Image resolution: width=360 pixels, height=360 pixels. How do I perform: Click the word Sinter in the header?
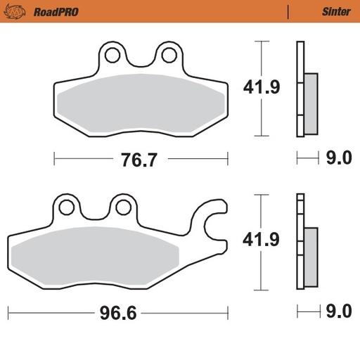point(336,11)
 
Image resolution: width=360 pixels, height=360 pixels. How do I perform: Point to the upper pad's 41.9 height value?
point(262,89)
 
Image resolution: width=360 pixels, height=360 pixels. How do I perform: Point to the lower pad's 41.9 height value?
point(262,240)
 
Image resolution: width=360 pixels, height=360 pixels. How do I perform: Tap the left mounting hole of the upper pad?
point(110,53)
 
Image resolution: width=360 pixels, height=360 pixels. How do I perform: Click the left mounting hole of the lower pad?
point(67,207)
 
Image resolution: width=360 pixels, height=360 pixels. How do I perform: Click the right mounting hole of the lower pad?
point(124,207)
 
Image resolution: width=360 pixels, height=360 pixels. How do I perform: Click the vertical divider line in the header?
point(288,11)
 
